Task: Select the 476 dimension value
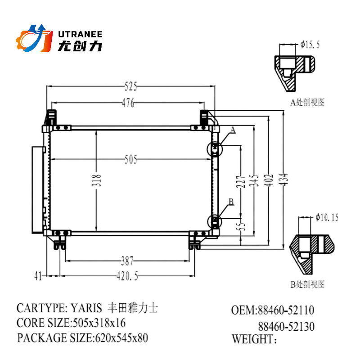(128, 103)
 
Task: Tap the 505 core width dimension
(130, 160)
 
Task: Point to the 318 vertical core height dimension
(98, 180)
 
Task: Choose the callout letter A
(233, 130)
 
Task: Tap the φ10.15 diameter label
(327, 218)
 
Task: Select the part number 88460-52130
(286, 326)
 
